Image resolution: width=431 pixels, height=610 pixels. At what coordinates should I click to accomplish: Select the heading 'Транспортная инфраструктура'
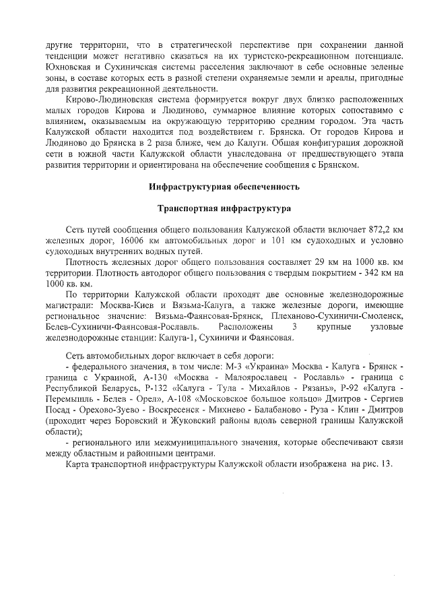pos(224,208)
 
